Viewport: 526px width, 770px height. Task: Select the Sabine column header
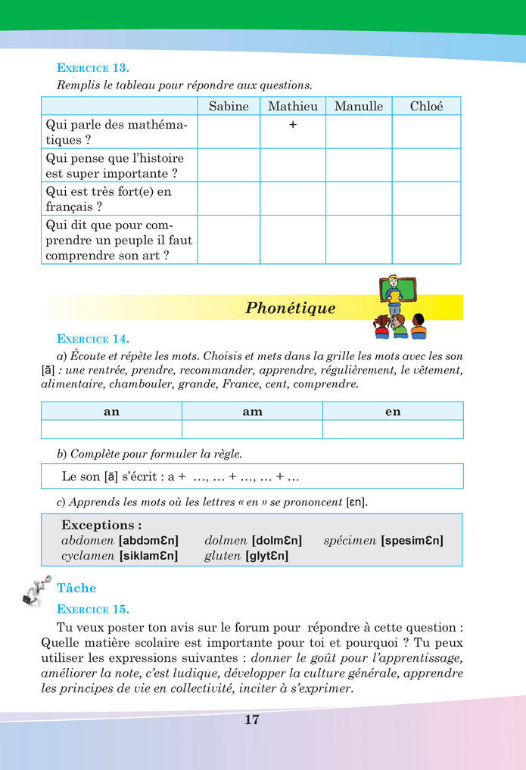click(x=229, y=106)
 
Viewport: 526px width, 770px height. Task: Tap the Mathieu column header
click(x=293, y=106)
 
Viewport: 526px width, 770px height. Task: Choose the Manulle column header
click(x=359, y=106)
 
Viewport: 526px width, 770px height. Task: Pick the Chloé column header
click(x=426, y=106)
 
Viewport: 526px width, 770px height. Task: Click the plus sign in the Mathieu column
click(x=293, y=126)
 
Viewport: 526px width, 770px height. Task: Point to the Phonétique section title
click(x=291, y=308)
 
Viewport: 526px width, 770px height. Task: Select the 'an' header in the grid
click(x=111, y=411)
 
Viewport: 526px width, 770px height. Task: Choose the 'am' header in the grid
click(x=252, y=411)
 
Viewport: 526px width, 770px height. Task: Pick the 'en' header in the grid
click(x=393, y=411)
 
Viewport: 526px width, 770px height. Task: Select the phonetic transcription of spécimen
click(x=412, y=540)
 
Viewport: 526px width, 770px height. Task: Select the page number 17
click(x=252, y=719)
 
